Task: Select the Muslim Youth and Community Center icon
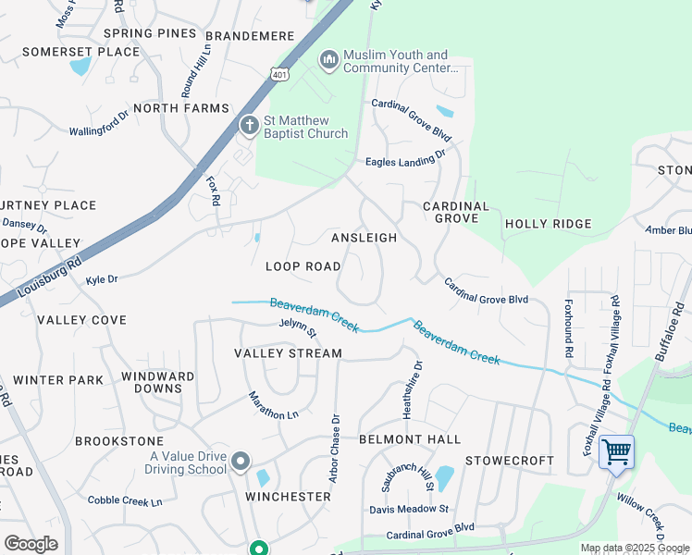click(x=327, y=61)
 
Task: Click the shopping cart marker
click(x=616, y=452)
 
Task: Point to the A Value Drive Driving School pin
click(x=241, y=461)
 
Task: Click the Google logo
click(x=31, y=543)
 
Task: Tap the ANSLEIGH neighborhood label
click(x=364, y=238)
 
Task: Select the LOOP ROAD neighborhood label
click(x=303, y=266)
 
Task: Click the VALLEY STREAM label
click(x=288, y=353)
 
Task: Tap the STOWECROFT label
click(x=509, y=461)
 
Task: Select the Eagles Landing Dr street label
click(x=405, y=157)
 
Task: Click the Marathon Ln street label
click(x=273, y=405)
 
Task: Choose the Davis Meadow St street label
click(x=409, y=509)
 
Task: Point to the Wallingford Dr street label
click(x=99, y=124)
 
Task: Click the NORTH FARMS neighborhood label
click(x=180, y=108)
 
